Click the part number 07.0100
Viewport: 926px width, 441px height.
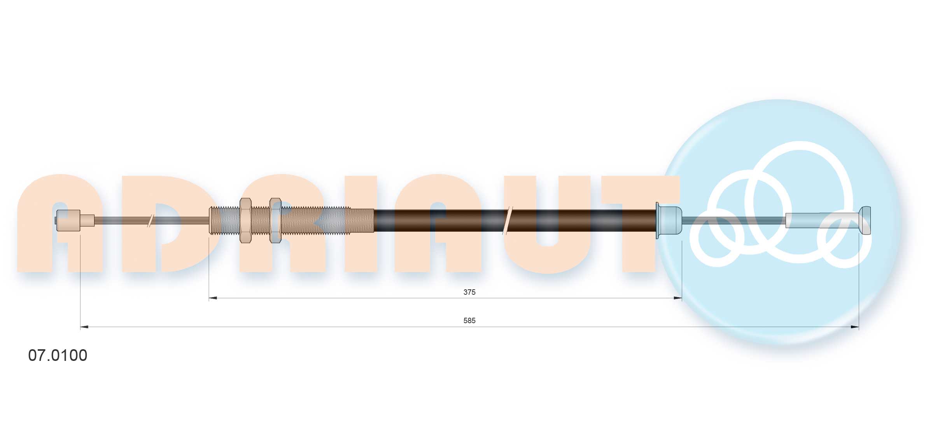tap(58, 355)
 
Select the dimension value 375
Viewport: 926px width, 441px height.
tap(469, 292)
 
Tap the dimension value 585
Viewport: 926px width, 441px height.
tap(469, 320)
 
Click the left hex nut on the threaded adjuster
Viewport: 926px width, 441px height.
tap(245, 220)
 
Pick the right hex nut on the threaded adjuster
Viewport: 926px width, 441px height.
tap(275, 220)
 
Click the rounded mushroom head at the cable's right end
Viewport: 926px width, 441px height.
tap(865, 220)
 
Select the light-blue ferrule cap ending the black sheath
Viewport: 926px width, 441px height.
tap(669, 220)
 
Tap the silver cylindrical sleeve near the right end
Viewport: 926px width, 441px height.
tap(822, 220)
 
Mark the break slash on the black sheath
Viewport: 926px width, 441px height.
tap(508, 220)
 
